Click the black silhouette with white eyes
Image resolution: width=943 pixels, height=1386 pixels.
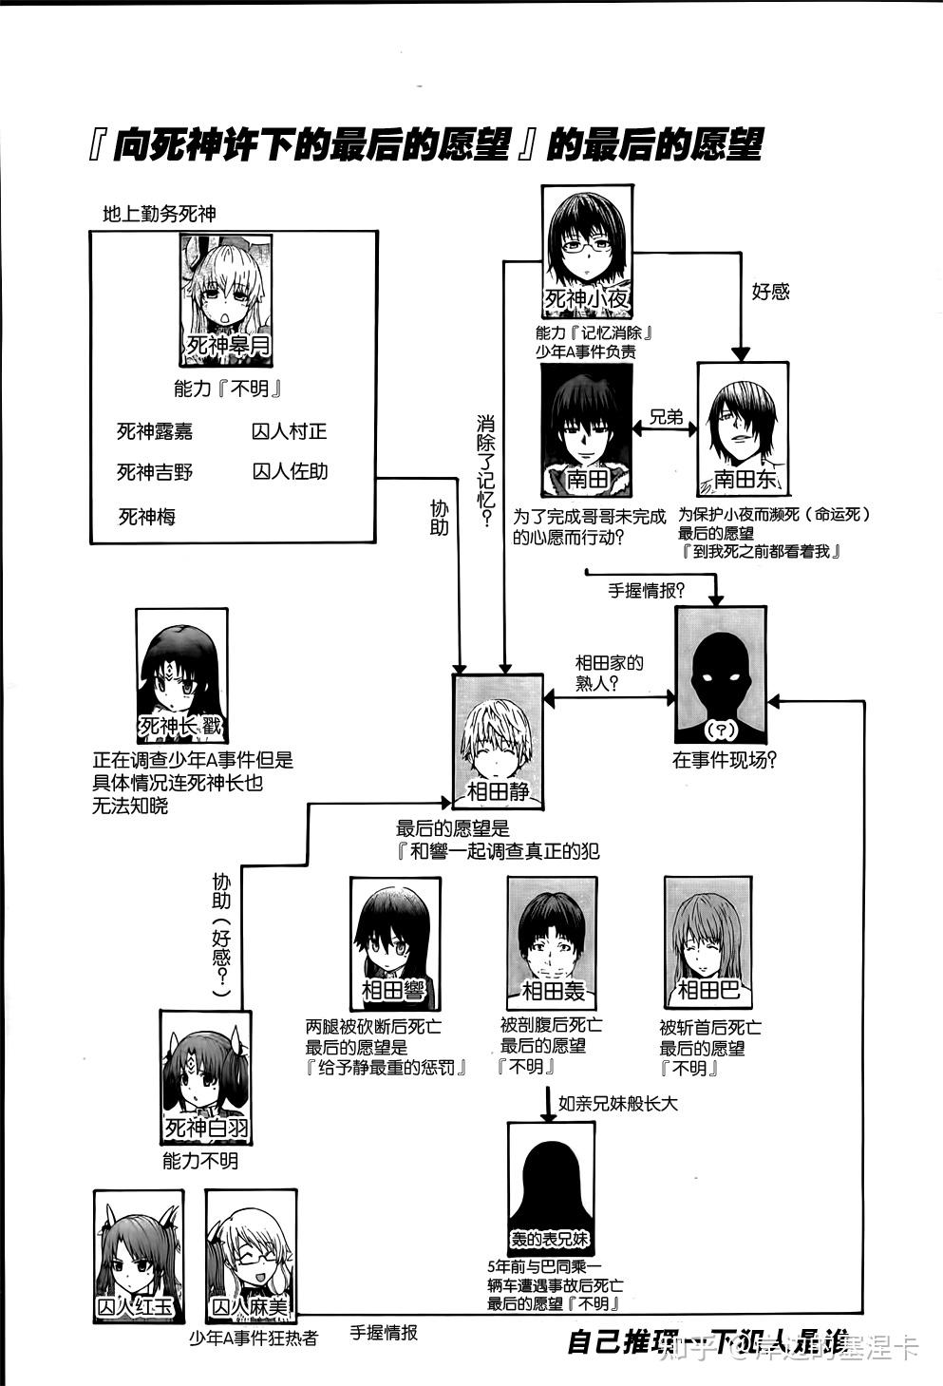coord(720,674)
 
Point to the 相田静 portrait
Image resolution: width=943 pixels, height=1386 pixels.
coord(498,740)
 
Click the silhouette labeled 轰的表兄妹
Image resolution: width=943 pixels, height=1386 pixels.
coord(551,1188)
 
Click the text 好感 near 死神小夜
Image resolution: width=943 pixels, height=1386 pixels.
coord(770,292)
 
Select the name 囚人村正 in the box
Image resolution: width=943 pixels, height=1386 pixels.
coord(289,430)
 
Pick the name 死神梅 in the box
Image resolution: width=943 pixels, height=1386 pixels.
coord(146,517)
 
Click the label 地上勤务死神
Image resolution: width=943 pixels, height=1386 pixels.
coord(159,215)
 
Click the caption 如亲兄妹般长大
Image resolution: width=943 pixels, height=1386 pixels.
coord(617,1104)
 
